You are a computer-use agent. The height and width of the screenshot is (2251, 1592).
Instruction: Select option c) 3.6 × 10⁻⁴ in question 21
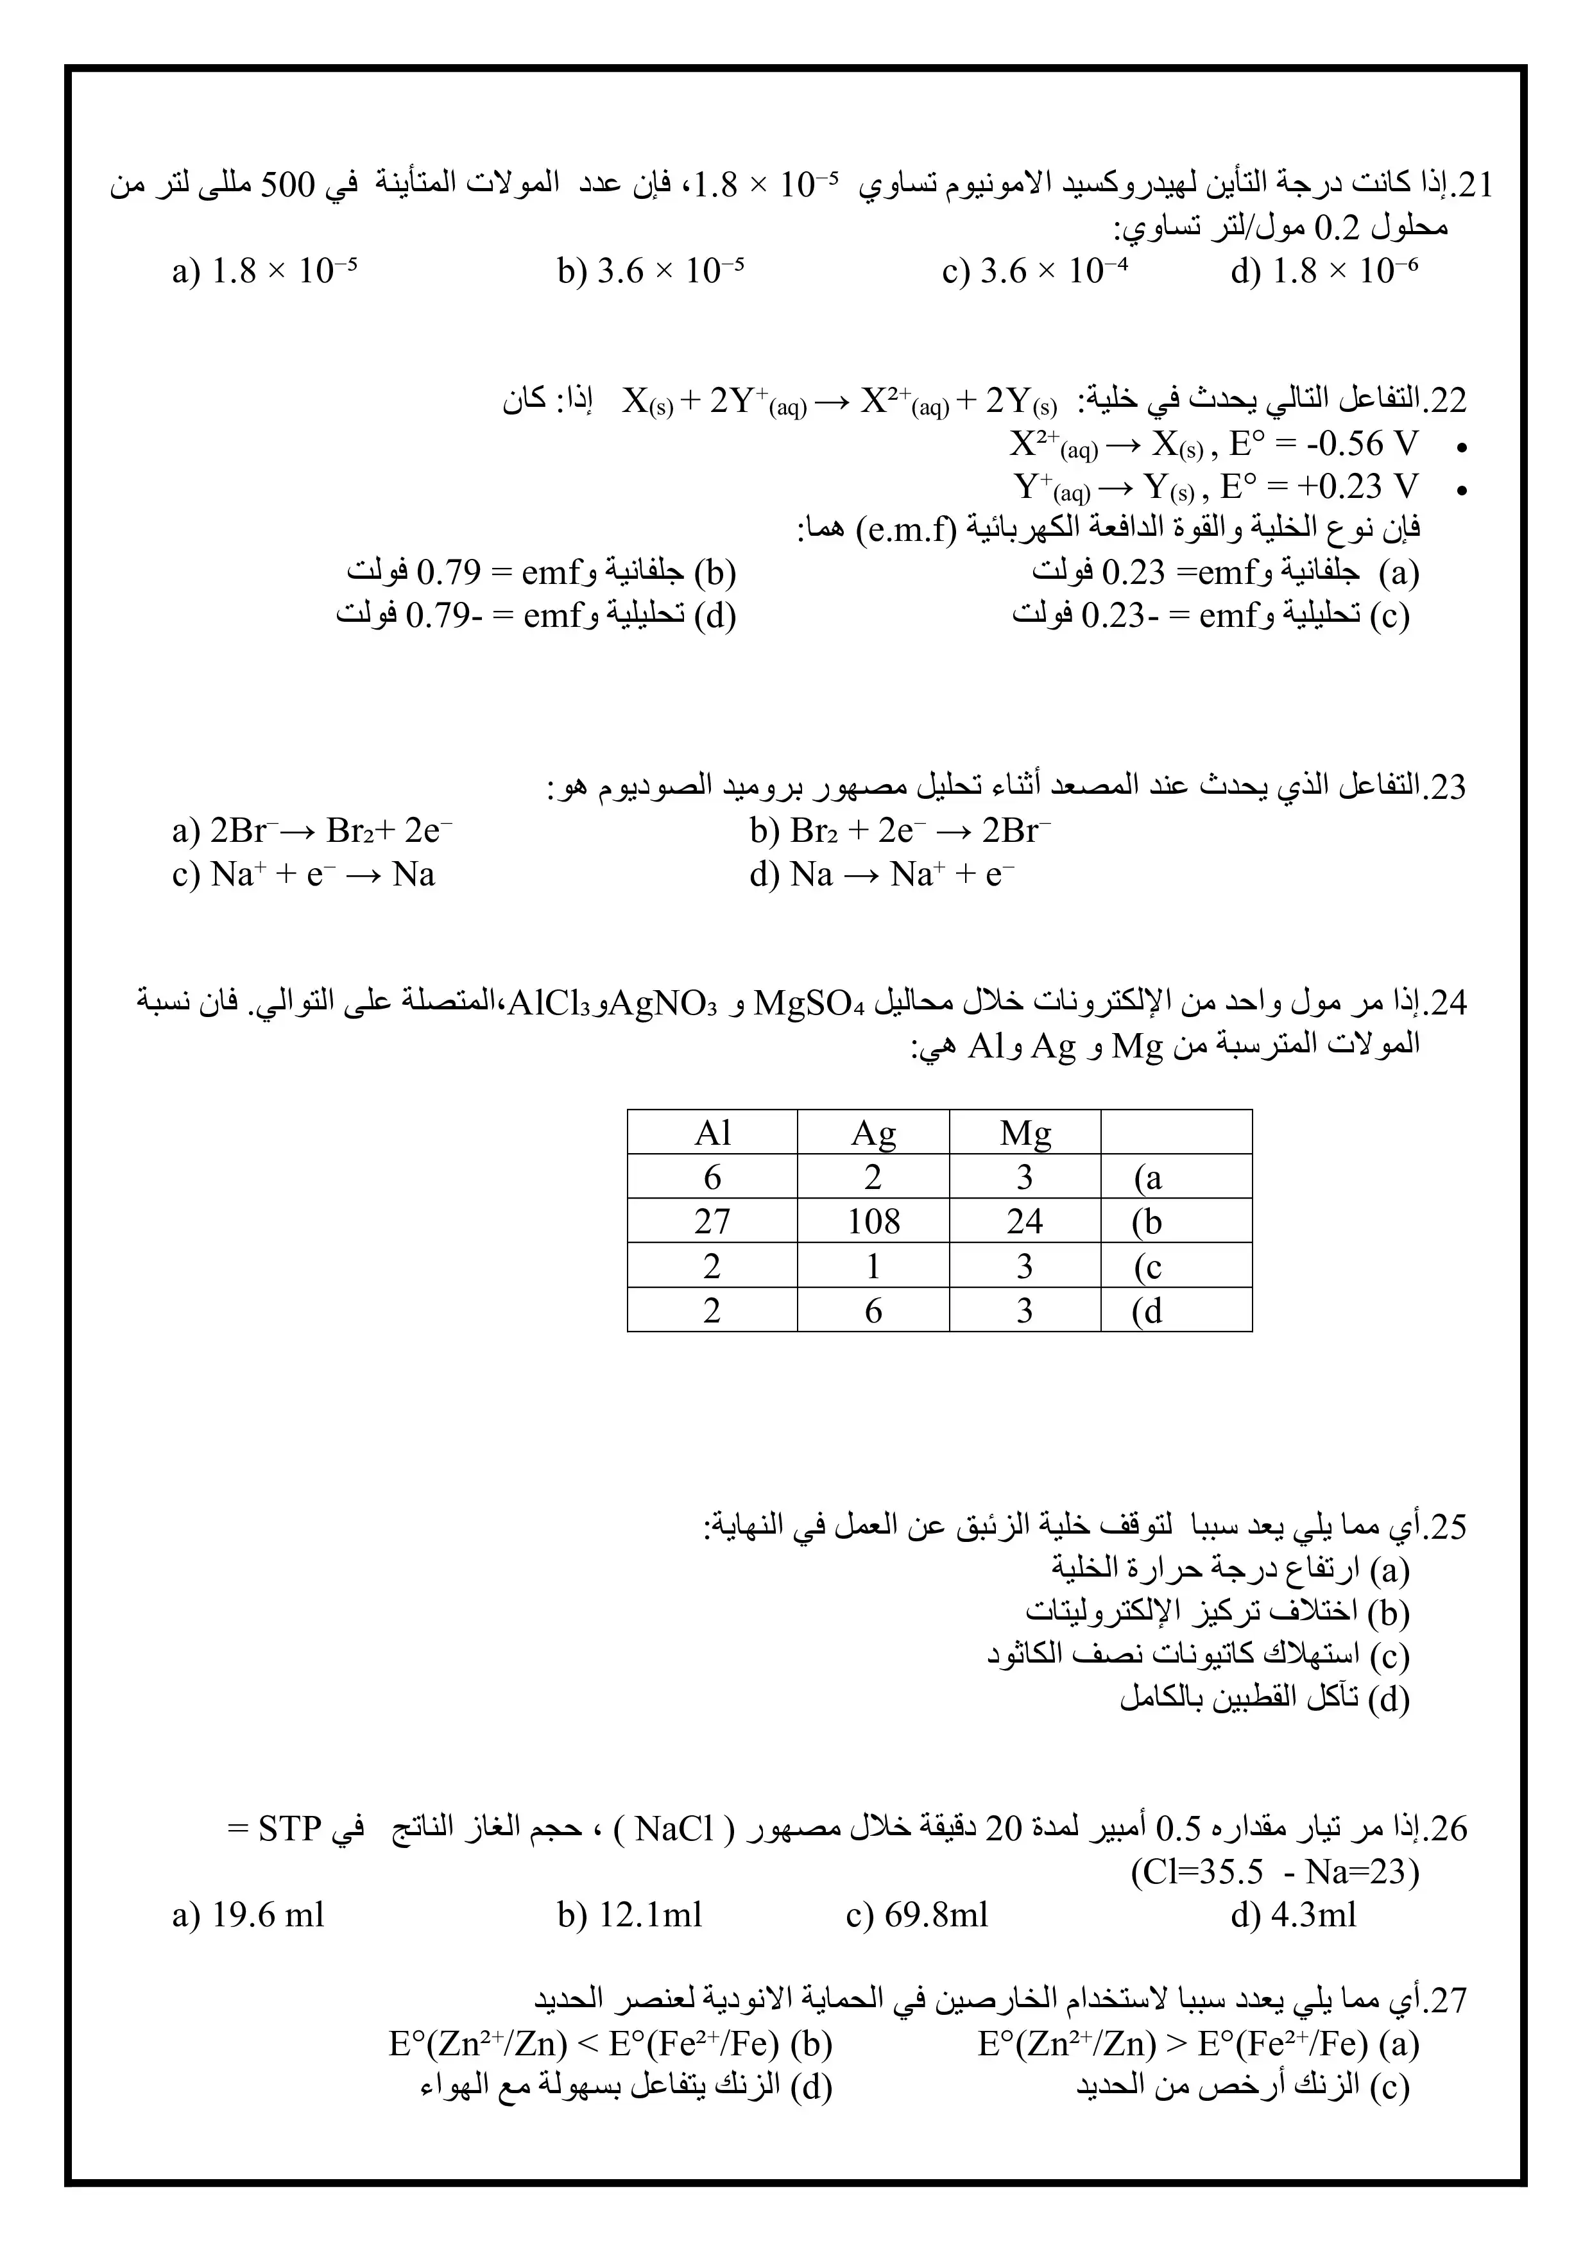1034,271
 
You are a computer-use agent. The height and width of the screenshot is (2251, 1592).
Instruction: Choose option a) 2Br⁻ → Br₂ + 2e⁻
312,832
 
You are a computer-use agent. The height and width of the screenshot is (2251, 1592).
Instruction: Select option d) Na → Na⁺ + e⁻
881,875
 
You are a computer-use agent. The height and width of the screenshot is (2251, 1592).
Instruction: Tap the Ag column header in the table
873,1133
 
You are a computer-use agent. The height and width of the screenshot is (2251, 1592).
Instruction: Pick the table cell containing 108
873,1222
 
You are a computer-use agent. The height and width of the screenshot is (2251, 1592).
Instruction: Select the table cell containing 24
1024,1222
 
